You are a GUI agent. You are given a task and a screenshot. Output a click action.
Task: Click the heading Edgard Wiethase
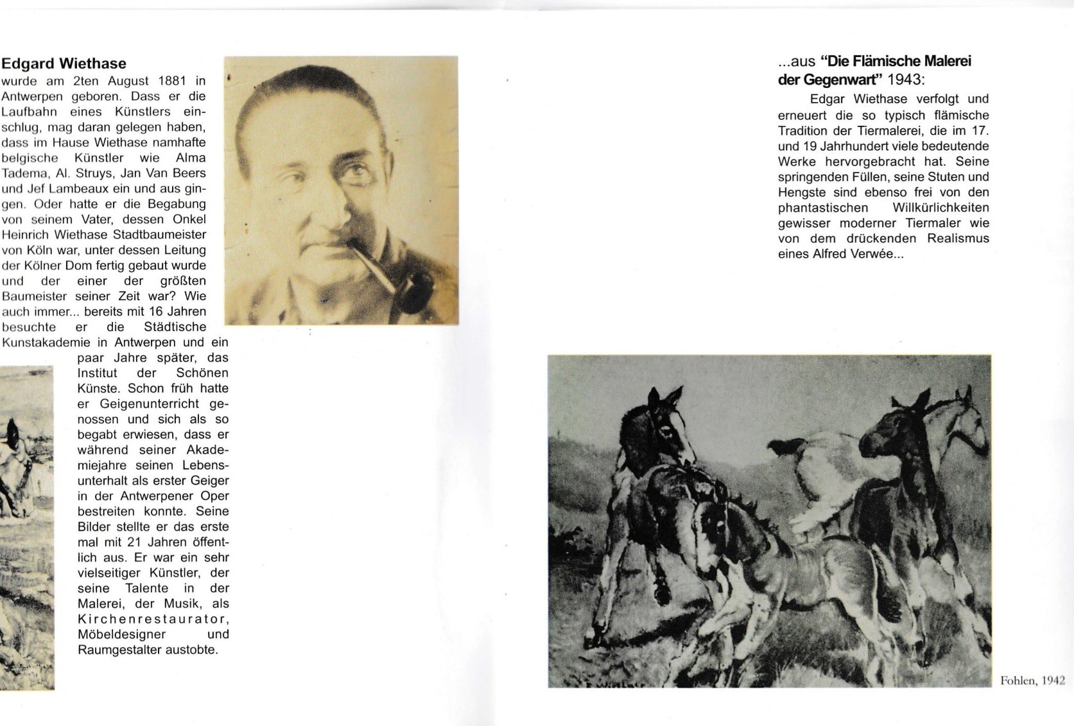[x=64, y=63]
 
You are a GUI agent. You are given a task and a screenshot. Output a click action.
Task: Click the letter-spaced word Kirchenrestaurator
[x=153, y=619]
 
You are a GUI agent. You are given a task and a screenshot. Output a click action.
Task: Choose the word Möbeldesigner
[x=122, y=634]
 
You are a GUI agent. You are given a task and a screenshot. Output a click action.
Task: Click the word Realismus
[x=958, y=239]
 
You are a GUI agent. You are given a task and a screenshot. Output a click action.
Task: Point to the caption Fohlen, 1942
[x=1032, y=680]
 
